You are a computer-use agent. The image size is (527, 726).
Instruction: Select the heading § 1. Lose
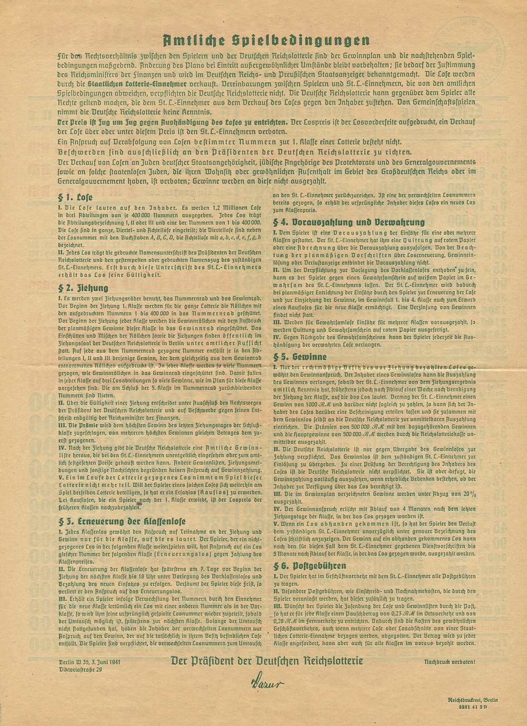(x=75, y=198)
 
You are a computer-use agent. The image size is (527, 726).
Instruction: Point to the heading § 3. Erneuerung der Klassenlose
(x=122, y=522)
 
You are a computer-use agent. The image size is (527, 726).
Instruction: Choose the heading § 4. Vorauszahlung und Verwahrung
(x=349, y=222)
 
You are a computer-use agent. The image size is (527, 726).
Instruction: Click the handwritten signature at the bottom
(x=266, y=683)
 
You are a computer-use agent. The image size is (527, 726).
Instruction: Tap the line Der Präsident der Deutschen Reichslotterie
(x=266, y=660)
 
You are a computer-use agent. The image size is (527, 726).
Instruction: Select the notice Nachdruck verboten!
(x=450, y=661)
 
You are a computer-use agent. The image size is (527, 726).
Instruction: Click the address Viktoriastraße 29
(x=81, y=669)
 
